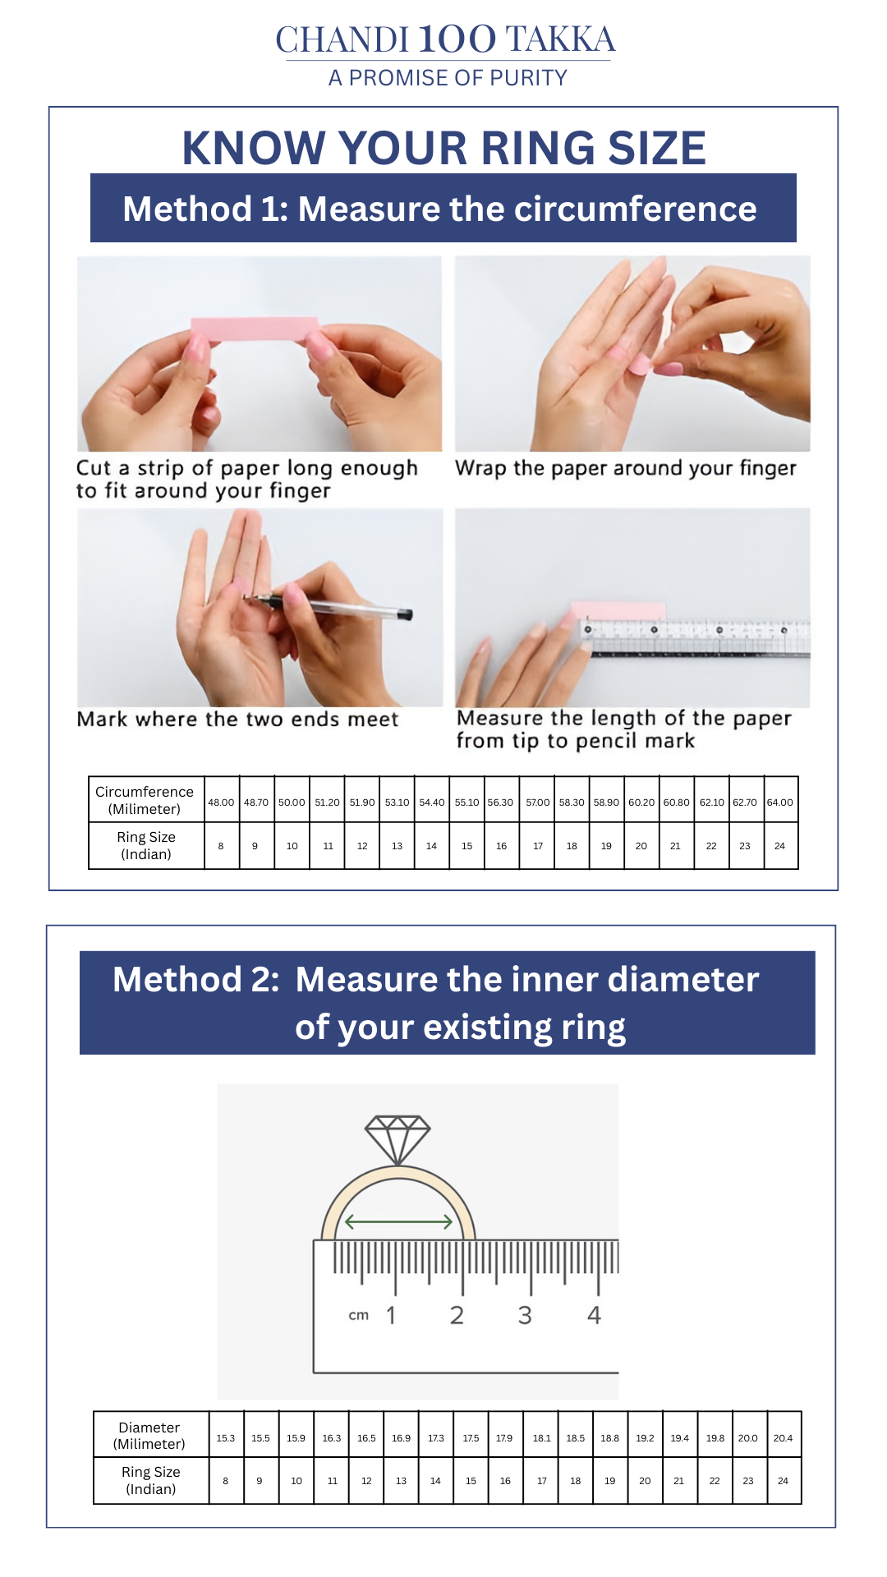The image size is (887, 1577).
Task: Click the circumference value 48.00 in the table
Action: (x=221, y=802)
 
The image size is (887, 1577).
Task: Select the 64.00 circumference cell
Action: (x=780, y=802)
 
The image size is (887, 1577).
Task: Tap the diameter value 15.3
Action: (x=226, y=1438)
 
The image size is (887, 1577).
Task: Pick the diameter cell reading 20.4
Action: (x=783, y=1438)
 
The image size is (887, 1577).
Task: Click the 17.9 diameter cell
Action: (x=504, y=1438)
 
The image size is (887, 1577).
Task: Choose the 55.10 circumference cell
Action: (x=466, y=802)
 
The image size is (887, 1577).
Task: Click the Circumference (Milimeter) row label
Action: (x=145, y=800)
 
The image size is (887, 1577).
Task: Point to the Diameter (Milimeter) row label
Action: (x=149, y=1435)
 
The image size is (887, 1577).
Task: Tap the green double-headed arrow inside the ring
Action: (x=398, y=1221)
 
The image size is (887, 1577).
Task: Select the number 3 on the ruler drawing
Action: (x=525, y=1315)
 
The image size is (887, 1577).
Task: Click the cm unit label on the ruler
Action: (x=359, y=1315)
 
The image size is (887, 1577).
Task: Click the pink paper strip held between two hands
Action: (x=255, y=329)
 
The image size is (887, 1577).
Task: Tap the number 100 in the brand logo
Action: (x=457, y=39)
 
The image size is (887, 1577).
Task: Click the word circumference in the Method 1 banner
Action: (x=609, y=209)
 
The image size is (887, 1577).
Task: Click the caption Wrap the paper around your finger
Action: (x=626, y=468)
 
